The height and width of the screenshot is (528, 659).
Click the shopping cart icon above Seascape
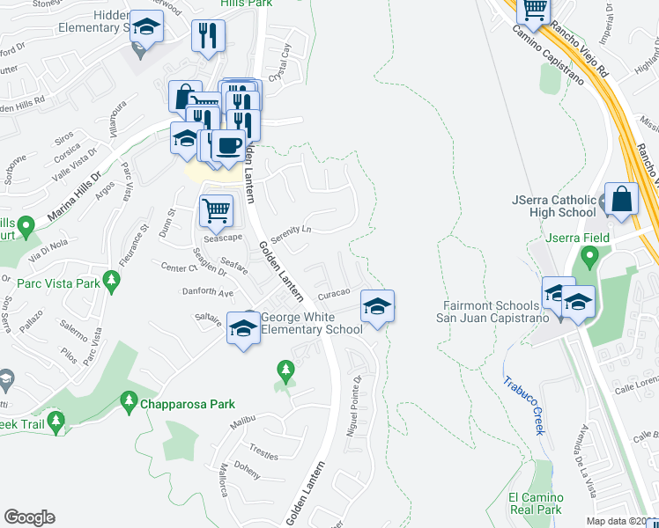(216, 210)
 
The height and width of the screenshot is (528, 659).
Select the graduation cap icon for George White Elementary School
(242, 328)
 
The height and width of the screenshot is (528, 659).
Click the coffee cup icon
(228, 145)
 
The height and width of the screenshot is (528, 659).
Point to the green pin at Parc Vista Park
(110, 281)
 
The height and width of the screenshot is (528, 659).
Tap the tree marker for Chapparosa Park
(128, 403)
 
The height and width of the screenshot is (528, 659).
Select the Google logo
(29, 517)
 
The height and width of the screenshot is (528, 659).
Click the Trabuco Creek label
(525, 404)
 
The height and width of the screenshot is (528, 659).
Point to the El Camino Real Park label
(535, 503)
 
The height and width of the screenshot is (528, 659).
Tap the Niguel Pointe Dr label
(355, 407)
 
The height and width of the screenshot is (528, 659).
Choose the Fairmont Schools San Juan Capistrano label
(486, 312)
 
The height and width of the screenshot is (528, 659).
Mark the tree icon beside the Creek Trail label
(56, 422)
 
